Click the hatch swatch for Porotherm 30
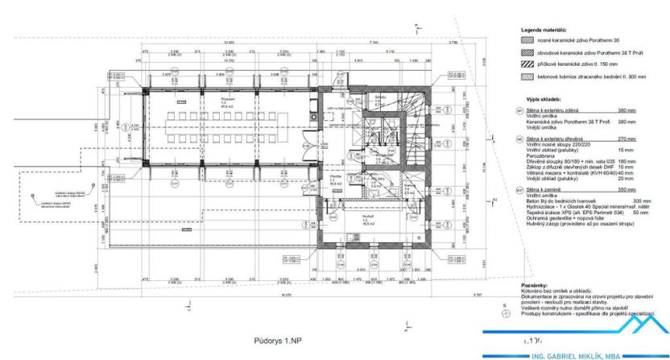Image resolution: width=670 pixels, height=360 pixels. [x=528, y=39]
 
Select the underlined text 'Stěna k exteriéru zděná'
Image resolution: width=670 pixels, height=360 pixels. [x=553, y=110]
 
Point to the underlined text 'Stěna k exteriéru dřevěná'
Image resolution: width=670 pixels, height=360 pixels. [x=555, y=139]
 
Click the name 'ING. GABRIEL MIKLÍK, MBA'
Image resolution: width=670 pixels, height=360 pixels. [x=585, y=353]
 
